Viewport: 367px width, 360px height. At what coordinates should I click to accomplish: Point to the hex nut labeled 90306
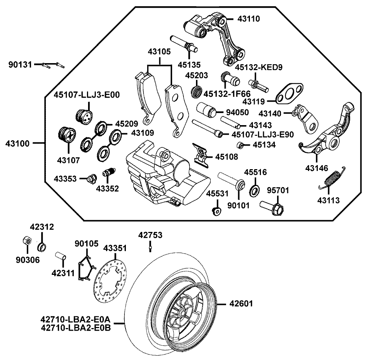26,242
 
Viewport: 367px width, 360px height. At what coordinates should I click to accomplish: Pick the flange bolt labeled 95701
272,207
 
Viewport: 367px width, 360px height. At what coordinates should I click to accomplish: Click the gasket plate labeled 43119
290,94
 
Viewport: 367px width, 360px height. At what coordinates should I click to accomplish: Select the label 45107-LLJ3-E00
87,94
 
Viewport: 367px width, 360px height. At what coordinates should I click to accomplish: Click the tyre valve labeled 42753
150,249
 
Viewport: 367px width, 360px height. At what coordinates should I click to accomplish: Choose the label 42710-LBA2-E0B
76,327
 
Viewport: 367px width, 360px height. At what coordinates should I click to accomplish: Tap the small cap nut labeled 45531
217,211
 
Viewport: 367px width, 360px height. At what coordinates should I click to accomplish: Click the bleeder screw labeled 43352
109,172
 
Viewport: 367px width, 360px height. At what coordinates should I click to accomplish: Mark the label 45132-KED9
261,67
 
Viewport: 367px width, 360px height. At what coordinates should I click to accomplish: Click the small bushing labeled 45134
240,145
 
